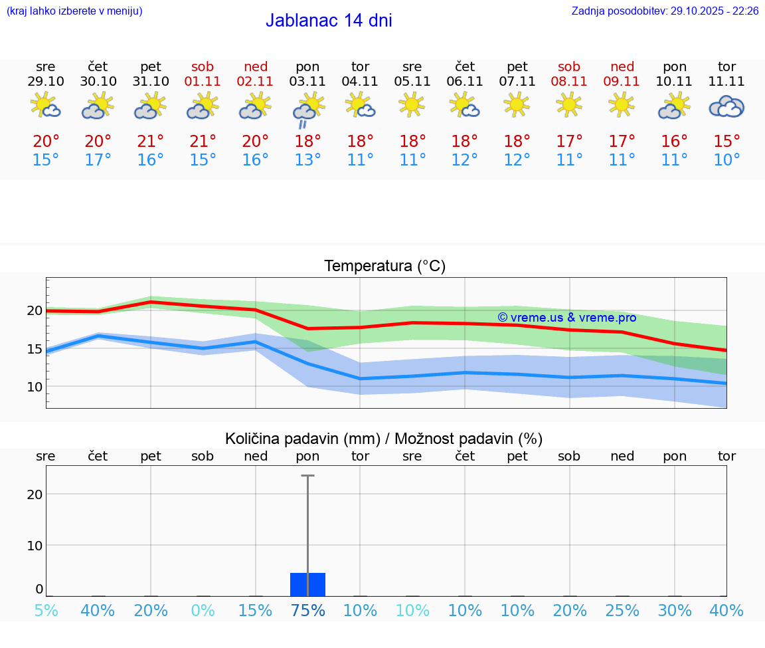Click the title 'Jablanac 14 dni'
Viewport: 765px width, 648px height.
pyautogui.click(x=329, y=21)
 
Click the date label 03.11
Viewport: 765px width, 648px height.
pyautogui.click(x=307, y=82)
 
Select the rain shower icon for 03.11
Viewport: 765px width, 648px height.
pyautogui.click(x=307, y=109)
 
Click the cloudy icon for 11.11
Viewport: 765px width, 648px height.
pyautogui.click(x=726, y=107)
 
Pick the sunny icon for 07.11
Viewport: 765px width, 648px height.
pyautogui.click(x=517, y=105)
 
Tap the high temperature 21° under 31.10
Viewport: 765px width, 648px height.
pyautogui.click(x=151, y=142)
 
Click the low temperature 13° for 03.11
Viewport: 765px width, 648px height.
pyautogui.click(x=307, y=160)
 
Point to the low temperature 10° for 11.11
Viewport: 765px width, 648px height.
pyautogui.click(x=726, y=160)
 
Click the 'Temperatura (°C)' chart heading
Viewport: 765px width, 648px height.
pyautogui.click(x=384, y=267)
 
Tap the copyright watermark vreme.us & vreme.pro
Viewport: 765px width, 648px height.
pyautogui.click(x=566, y=318)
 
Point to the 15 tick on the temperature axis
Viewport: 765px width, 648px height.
pyautogui.click(x=35, y=349)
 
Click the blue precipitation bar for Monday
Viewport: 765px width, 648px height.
pyautogui.click(x=307, y=584)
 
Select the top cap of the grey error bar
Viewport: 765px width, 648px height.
pyautogui.click(x=307, y=476)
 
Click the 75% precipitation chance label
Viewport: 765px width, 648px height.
pyautogui.click(x=307, y=611)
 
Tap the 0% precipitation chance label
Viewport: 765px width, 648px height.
pyautogui.click(x=203, y=611)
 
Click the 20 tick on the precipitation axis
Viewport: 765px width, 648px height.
pyautogui.click(x=35, y=494)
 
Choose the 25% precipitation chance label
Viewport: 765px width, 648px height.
pyautogui.click(x=622, y=611)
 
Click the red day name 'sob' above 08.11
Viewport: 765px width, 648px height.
pyautogui.click(x=569, y=66)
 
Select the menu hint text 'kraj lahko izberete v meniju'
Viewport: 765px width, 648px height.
pyautogui.click(x=74, y=11)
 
